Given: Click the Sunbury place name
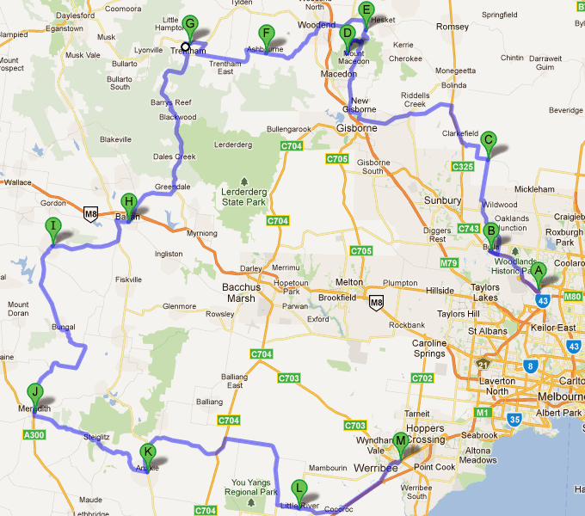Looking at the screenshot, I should (x=443, y=200).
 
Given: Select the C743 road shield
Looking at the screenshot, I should (x=467, y=228).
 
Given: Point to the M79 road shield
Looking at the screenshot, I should (x=449, y=261).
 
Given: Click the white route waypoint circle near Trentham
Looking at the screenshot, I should (x=185, y=46).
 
